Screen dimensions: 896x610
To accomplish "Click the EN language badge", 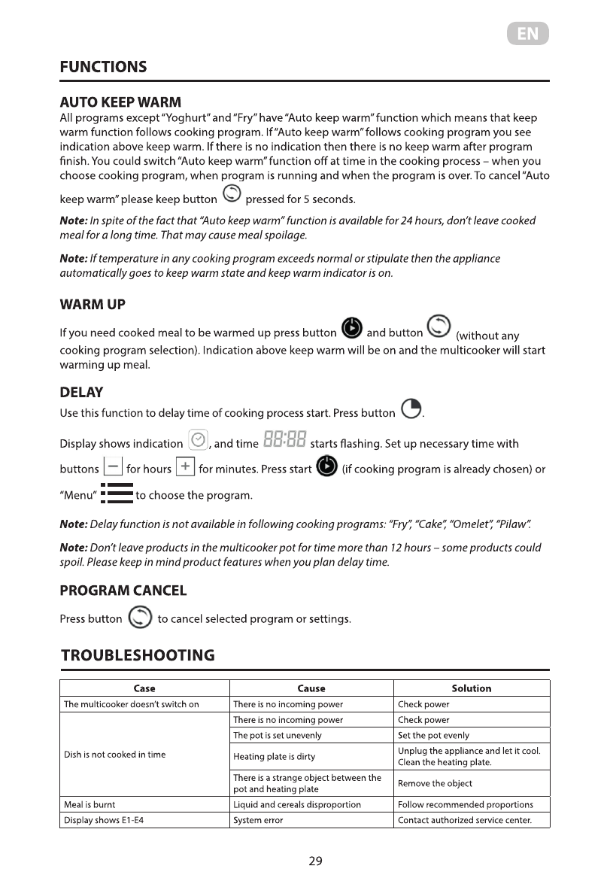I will [527, 34].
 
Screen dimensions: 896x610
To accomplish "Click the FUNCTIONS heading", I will [103, 67].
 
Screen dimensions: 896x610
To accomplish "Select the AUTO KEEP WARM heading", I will [120, 102].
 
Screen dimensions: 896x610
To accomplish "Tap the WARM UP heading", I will [93, 305].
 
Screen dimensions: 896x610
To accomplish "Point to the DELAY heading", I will [81, 393].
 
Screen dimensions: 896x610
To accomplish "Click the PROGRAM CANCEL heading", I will [123, 591].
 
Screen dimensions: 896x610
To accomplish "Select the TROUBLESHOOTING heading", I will [138, 655].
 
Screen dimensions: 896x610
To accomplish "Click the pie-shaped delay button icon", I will [411, 409].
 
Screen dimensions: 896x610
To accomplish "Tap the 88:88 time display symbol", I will [284, 439].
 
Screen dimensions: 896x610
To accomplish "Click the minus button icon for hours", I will [112, 467].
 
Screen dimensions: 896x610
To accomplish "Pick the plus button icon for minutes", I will [185, 467].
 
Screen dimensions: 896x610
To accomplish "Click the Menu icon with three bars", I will [117, 494].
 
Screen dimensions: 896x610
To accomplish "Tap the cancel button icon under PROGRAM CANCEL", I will [139, 618].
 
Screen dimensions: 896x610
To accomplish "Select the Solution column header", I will [472, 688].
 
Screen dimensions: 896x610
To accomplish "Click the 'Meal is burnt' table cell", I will [90, 805].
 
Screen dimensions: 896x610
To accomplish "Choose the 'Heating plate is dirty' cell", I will [275, 757].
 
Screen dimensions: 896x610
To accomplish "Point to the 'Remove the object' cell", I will [435, 784].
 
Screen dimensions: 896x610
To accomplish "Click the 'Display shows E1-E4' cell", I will [104, 820].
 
